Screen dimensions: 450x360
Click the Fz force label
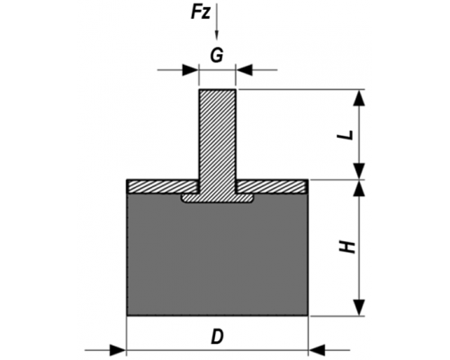point(201,13)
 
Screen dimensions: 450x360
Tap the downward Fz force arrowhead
point(217,35)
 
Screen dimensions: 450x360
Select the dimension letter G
point(217,56)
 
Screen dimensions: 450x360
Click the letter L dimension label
point(345,135)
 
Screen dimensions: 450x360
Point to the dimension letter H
point(347,247)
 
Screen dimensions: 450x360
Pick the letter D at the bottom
point(217,337)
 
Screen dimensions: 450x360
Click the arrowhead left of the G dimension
point(191,70)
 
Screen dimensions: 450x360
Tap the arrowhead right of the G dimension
point(244,70)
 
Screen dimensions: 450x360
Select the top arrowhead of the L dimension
point(359,97)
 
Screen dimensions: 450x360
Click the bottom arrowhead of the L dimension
point(359,171)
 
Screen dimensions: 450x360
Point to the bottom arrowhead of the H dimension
point(359,308)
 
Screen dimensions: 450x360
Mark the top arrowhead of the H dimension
point(359,188)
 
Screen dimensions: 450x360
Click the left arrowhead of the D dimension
point(118,350)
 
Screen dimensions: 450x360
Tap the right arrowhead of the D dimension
point(317,350)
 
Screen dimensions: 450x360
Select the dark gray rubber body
point(217,258)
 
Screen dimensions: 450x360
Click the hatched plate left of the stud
point(162,186)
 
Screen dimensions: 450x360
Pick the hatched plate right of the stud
point(272,186)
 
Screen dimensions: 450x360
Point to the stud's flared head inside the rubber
point(217,198)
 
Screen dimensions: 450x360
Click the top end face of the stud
point(217,89)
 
